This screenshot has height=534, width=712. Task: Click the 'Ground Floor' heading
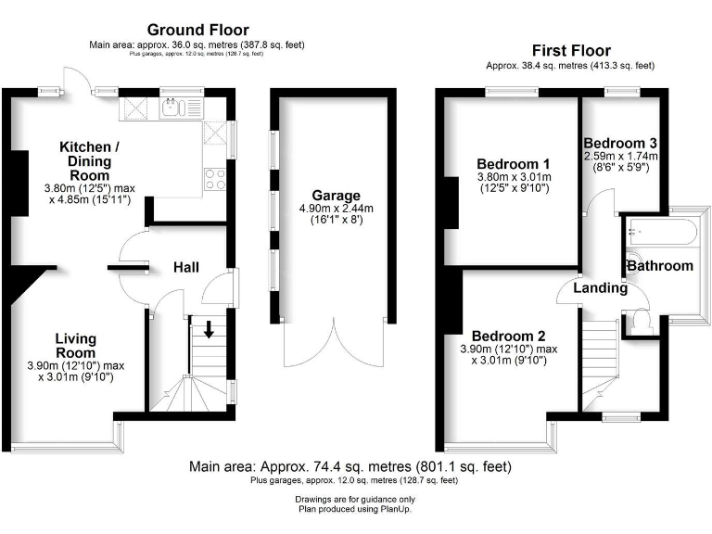point(197,31)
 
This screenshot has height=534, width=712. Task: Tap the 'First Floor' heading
point(570,50)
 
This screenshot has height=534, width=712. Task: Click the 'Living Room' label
point(75,346)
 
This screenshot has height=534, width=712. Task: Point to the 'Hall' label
point(186,268)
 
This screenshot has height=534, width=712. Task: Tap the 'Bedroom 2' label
point(508,336)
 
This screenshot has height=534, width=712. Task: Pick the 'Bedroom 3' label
point(620,143)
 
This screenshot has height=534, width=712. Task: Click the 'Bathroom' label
point(660,266)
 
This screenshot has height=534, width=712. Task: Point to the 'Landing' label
point(601,288)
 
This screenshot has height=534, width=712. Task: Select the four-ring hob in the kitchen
point(214,178)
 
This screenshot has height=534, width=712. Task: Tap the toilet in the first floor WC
point(642,322)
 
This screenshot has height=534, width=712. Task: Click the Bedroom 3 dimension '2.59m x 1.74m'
point(620,156)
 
